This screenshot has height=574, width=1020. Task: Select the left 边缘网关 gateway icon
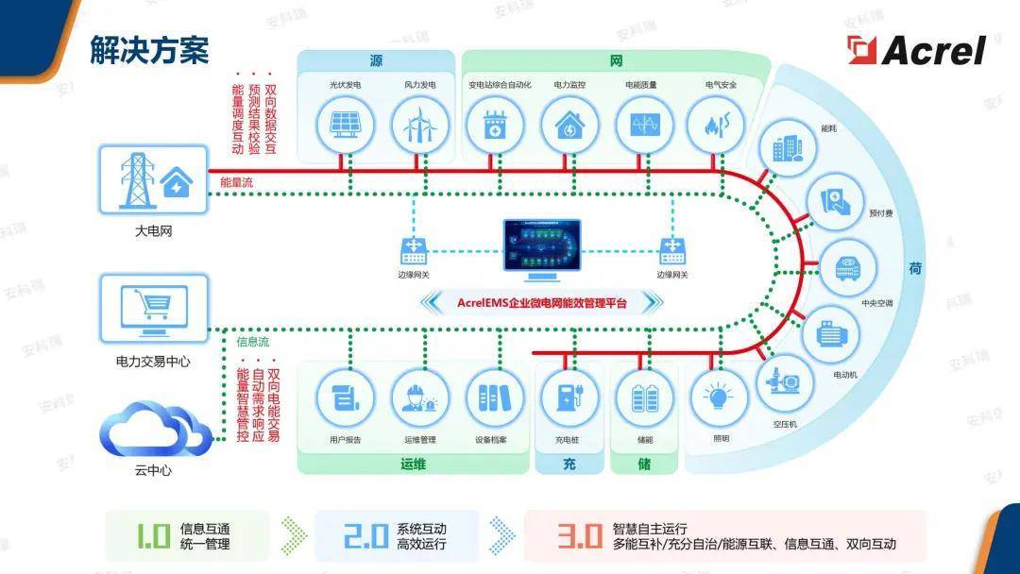(414, 251)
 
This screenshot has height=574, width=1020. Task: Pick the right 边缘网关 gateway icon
(672, 251)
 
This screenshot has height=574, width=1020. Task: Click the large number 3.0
(579, 537)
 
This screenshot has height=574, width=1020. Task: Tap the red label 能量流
(236, 182)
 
